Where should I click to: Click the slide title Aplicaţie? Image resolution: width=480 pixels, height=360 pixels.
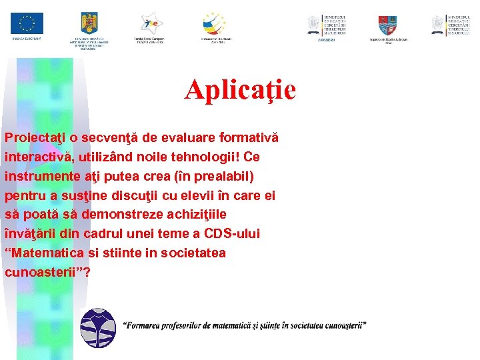tap(240, 89)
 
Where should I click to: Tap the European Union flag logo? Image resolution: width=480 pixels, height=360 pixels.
tap(27, 23)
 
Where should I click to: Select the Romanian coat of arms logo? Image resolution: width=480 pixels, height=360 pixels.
tap(88, 24)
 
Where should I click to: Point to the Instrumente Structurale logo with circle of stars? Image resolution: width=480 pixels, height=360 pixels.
tap(214, 23)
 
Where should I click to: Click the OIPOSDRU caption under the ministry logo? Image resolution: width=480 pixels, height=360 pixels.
tap(327, 40)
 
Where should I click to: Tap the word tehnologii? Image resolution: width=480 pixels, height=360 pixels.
tap(211, 157)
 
